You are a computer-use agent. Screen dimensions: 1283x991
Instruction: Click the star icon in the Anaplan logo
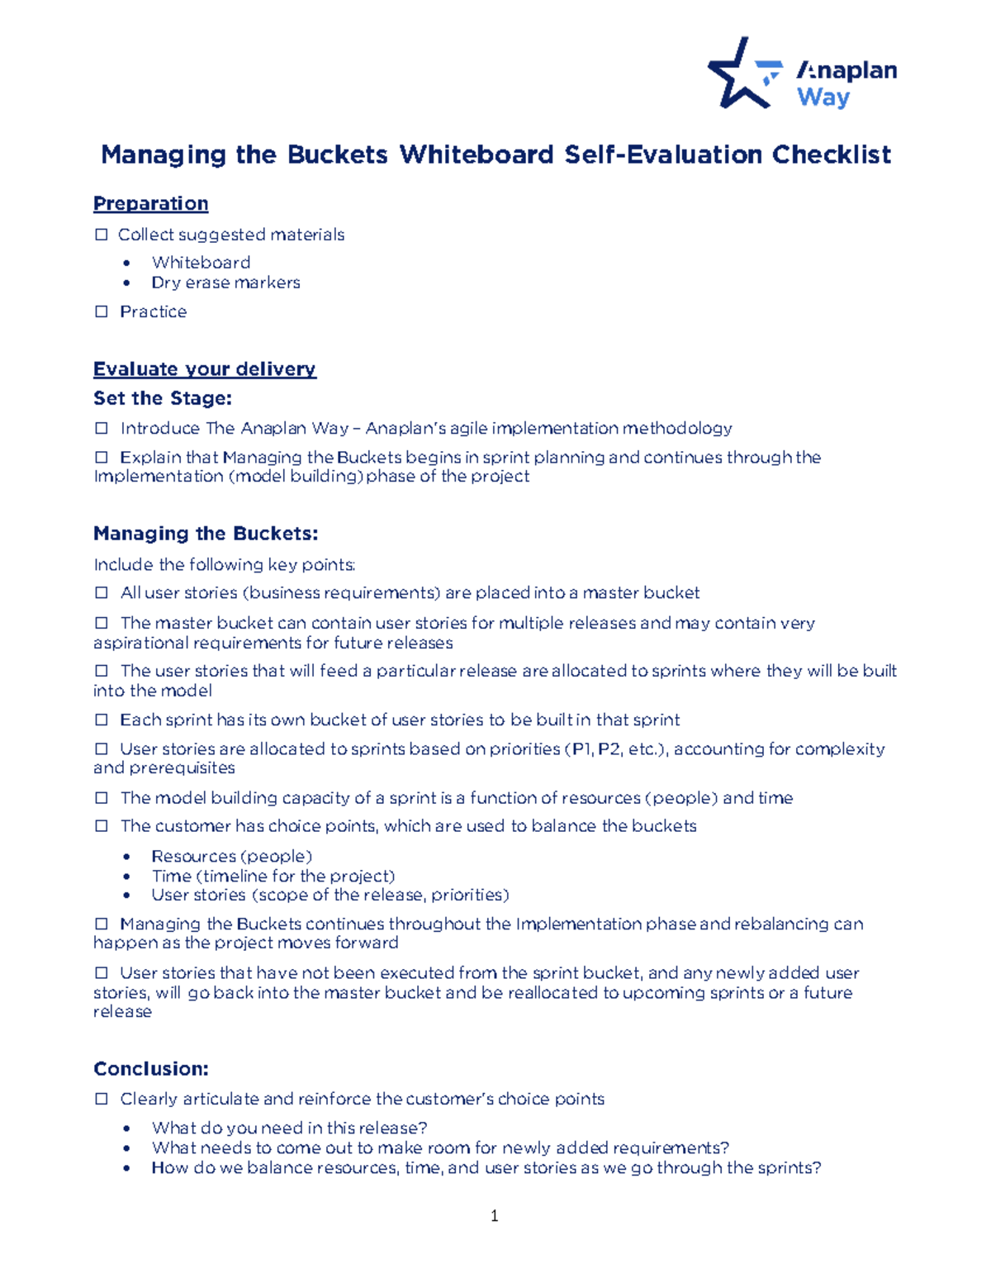tap(737, 77)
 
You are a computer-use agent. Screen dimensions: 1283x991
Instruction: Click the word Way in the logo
tap(823, 97)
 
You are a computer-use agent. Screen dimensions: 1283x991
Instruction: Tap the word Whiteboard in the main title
tap(477, 154)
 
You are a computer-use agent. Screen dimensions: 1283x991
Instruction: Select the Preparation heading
tap(150, 203)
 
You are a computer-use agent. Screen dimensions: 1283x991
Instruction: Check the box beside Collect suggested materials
tap(102, 235)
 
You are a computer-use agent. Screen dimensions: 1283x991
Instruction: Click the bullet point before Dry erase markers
tap(126, 283)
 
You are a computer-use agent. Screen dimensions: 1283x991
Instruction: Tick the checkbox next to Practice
tap(102, 311)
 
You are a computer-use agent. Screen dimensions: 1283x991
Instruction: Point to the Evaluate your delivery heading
tap(204, 368)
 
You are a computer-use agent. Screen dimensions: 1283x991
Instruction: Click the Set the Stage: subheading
tap(162, 398)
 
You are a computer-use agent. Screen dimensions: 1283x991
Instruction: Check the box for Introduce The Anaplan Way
tap(102, 428)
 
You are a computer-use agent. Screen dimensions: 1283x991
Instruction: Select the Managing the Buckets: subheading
tap(206, 534)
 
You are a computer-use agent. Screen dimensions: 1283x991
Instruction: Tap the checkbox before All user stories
tap(102, 592)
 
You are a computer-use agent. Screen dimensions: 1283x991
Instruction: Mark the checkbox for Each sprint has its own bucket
tap(102, 720)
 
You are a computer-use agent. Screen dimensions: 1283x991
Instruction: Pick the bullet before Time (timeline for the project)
tap(126, 877)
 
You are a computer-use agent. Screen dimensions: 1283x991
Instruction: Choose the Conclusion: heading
tap(150, 1069)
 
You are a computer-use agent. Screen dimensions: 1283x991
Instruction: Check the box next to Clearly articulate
tap(102, 1099)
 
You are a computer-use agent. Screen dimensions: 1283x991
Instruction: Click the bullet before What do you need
tap(126, 1129)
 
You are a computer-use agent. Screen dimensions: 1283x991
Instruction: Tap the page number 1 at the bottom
tap(494, 1215)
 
